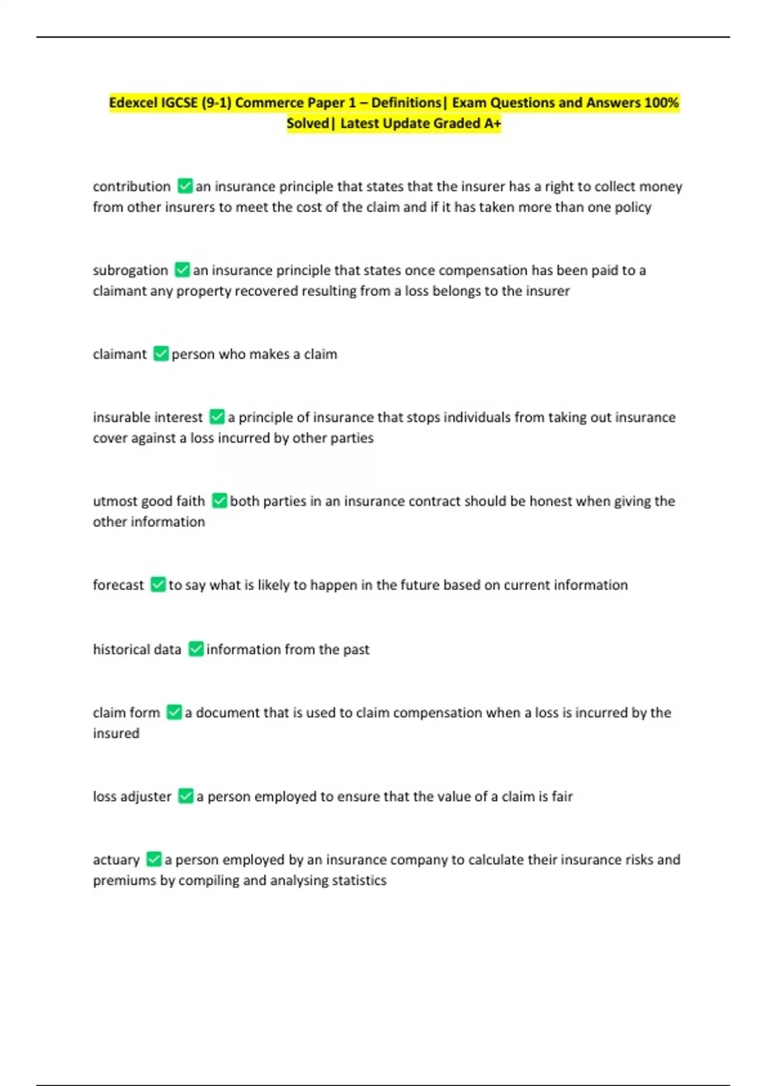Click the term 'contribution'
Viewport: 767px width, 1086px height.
132,187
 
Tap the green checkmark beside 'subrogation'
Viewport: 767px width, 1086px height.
182,270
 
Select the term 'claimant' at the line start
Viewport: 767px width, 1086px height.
120,354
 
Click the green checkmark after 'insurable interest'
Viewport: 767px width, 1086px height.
217,417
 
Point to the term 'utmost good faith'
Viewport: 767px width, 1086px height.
149,501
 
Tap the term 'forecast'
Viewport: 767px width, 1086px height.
118,585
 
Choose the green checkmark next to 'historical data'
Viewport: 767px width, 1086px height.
196,649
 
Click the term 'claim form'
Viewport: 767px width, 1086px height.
127,712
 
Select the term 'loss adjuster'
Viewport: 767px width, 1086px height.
132,796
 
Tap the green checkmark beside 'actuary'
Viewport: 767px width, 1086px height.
154,859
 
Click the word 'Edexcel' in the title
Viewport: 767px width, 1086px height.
132,103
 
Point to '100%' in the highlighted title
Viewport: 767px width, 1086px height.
662,103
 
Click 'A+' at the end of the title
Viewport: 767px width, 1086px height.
492,123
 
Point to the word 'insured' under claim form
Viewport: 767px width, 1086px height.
116,733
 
